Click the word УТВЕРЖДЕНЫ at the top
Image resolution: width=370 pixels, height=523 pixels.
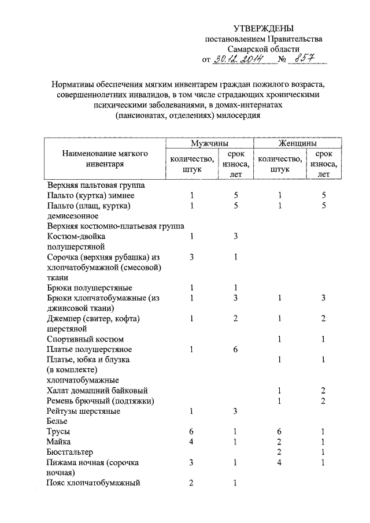tap(264, 28)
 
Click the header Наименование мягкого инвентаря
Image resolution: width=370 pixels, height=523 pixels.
tap(106, 159)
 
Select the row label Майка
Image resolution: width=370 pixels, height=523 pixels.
tap(58, 442)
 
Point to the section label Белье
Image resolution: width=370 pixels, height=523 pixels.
tap(58, 422)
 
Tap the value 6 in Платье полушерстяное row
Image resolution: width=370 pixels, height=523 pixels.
tap(236, 350)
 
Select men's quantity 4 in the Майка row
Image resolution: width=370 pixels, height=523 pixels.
tap(191, 442)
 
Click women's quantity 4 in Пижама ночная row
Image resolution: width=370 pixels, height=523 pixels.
tap(279, 462)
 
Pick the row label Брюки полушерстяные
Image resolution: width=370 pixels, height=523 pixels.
tap(90, 288)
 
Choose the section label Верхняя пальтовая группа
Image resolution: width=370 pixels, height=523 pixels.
tap(95, 186)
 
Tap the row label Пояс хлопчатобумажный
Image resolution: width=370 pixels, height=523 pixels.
tap(94, 483)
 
